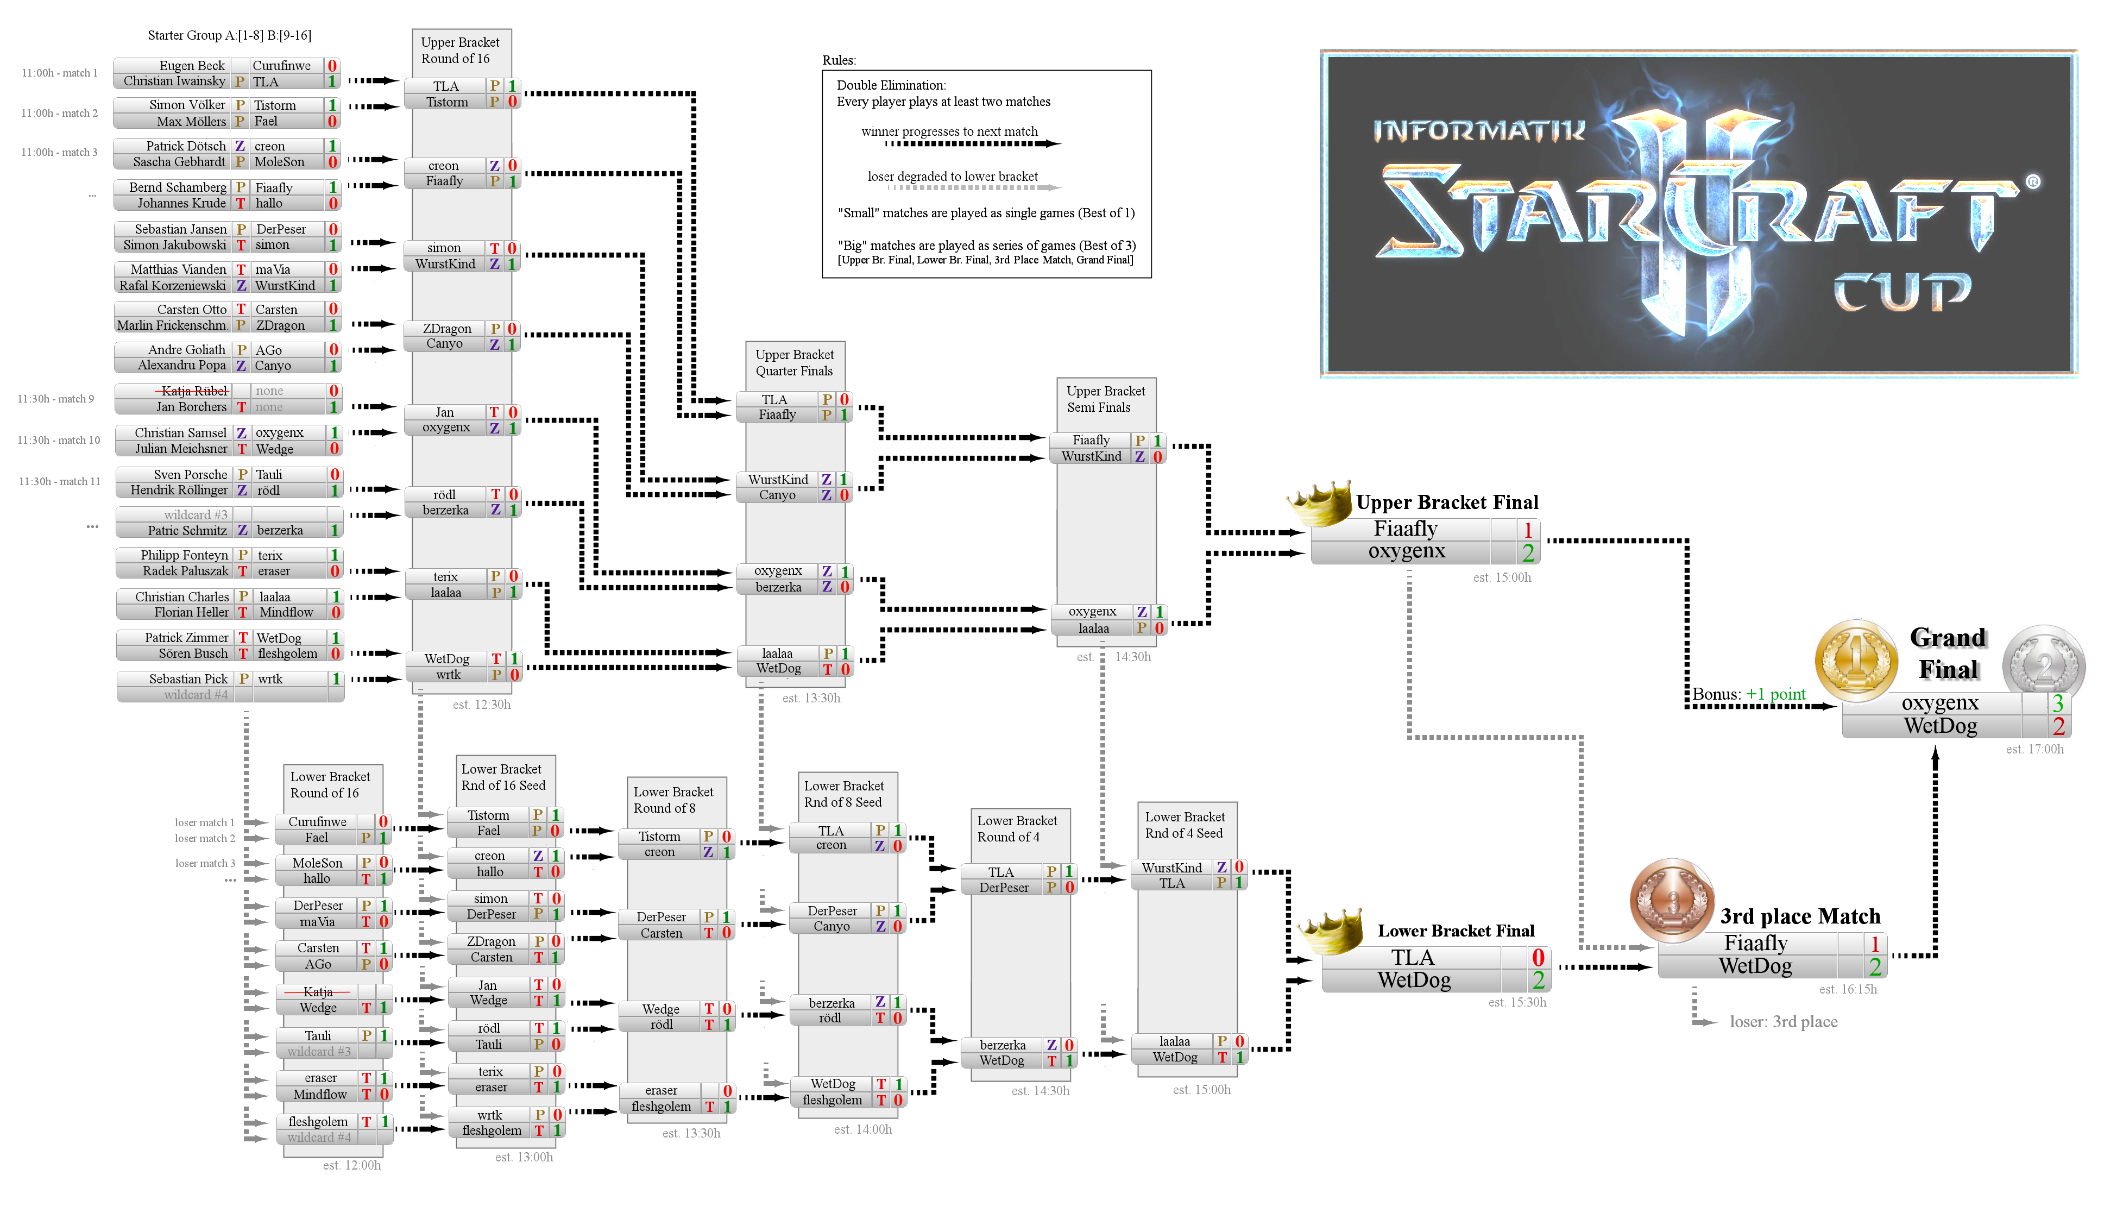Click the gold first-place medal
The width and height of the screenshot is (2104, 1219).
pyautogui.click(x=1855, y=661)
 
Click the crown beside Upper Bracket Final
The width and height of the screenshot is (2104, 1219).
pyautogui.click(x=1319, y=504)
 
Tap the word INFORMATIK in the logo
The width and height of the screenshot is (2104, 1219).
pyautogui.click(x=1479, y=130)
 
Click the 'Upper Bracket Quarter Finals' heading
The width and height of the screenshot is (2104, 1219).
pyautogui.click(x=794, y=362)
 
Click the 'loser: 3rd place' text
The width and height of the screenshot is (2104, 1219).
pyautogui.click(x=1784, y=1021)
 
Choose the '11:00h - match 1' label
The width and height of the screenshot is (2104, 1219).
pyautogui.click(x=59, y=73)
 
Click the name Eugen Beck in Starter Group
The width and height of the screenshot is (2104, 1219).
pyautogui.click(x=192, y=66)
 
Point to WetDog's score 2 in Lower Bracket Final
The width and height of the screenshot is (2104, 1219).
pyautogui.click(x=1538, y=979)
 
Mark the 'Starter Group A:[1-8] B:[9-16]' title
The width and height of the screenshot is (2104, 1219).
pyautogui.click(x=230, y=35)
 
